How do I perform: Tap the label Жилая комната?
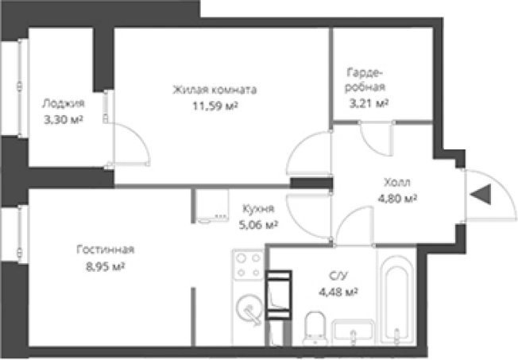pyautogui.click(x=215, y=90)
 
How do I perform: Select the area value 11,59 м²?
pyautogui.click(x=215, y=106)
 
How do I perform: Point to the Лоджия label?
pyautogui.click(x=64, y=104)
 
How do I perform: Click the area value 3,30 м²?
pyautogui.click(x=64, y=119)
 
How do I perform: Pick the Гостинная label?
pyautogui.click(x=106, y=250)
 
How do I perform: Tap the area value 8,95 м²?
pyautogui.click(x=106, y=266)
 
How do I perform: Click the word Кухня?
pyautogui.click(x=258, y=209)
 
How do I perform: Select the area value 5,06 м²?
pyautogui.click(x=258, y=225)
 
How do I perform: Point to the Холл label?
pyautogui.click(x=397, y=182)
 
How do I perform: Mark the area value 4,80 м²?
pyautogui.click(x=397, y=199)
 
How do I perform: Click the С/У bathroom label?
pyautogui.click(x=338, y=276)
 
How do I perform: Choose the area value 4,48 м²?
pyautogui.click(x=338, y=292)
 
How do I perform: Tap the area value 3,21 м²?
pyautogui.click(x=369, y=103)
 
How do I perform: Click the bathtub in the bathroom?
pyautogui.click(x=396, y=298)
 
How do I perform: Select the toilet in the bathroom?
pyautogui.click(x=315, y=328)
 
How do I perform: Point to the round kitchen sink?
pyautogui.click(x=249, y=309)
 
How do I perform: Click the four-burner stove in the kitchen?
pyautogui.click(x=249, y=265)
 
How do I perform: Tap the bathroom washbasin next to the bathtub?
pyautogui.click(x=353, y=332)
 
